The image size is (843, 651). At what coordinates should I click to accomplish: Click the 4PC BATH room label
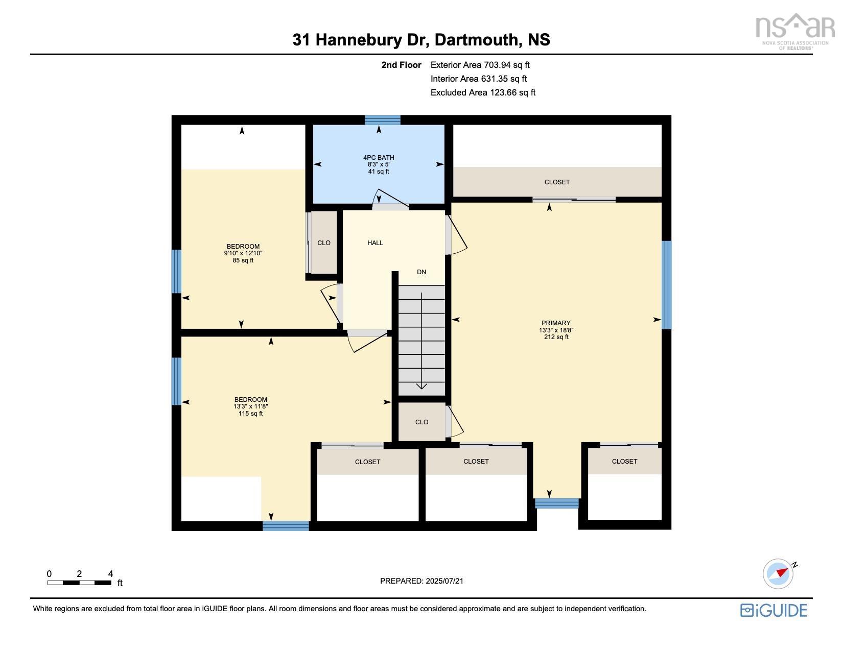click(x=378, y=164)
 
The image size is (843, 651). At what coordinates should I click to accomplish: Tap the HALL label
click(x=375, y=243)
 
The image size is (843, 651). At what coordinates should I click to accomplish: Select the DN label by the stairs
click(x=421, y=272)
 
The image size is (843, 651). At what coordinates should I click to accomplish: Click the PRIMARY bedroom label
click(x=556, y=329)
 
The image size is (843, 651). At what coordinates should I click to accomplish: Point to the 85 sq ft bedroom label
click(x=243, y=253)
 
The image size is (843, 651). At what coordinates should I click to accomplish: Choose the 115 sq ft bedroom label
click(x=250, y=406)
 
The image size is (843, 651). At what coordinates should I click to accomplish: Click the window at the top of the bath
click(x=382, y=120)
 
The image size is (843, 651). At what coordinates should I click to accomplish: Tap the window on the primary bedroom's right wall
click(x=666, y=284)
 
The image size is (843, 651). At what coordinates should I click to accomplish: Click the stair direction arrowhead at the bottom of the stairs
click(x=421, y=386)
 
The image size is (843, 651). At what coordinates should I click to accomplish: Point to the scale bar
click(x=79, y=583)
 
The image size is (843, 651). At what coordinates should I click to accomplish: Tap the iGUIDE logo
click(x=773, y=610)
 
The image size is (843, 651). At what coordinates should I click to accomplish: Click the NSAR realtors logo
click(x=795, y=32)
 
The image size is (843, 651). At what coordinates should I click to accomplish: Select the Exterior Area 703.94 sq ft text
click(x=480, y=65)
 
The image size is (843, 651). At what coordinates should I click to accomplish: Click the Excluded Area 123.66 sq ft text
click(x=483, y=92)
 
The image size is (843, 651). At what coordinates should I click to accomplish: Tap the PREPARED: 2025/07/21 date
click(x=421, y=581)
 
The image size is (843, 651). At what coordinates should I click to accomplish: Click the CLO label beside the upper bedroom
click(x=323, y=243)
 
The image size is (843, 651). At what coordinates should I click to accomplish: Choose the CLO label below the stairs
click(x=421, y=422)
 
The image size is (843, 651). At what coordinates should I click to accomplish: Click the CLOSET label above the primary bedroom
click(x=557, y=182)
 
